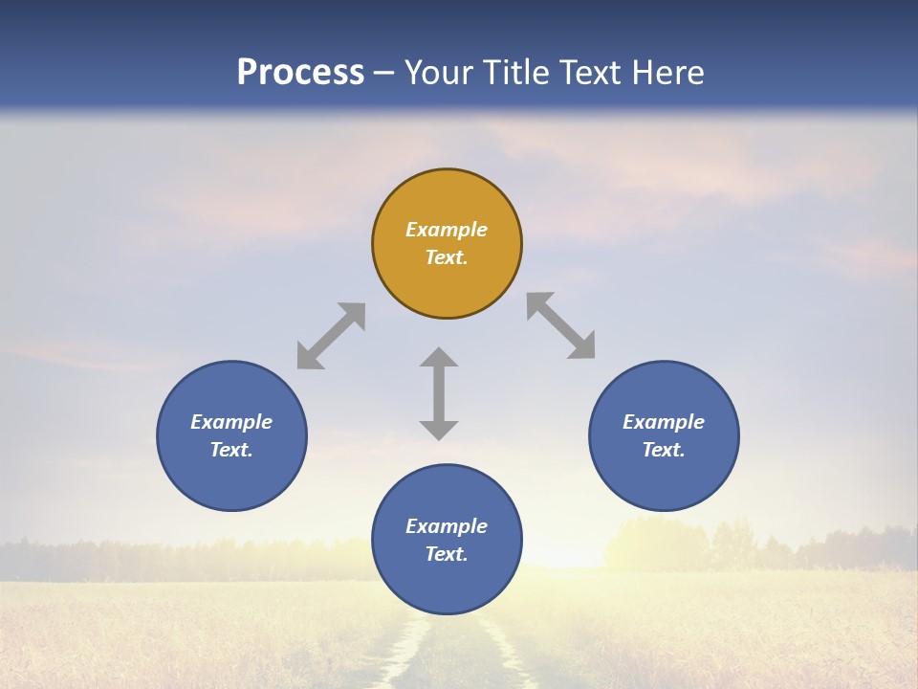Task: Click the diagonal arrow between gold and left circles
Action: (x=331, y=336)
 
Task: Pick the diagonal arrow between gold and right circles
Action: (x=560, y=325)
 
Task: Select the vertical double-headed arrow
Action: (x=439, y=393)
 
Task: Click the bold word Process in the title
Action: (x=300, y=72)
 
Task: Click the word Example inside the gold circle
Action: (x=447, y=230)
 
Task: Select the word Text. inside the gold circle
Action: (x=447, y=257)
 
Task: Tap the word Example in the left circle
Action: (x=231, y=422)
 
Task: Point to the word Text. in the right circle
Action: (x=664, y=450)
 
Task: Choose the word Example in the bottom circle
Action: (x=447, y=526)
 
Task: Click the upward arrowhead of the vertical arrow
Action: (x=439, y=357)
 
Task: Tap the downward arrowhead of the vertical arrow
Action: (x=439, y=430)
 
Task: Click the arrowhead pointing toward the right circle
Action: (x=582, y=347)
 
